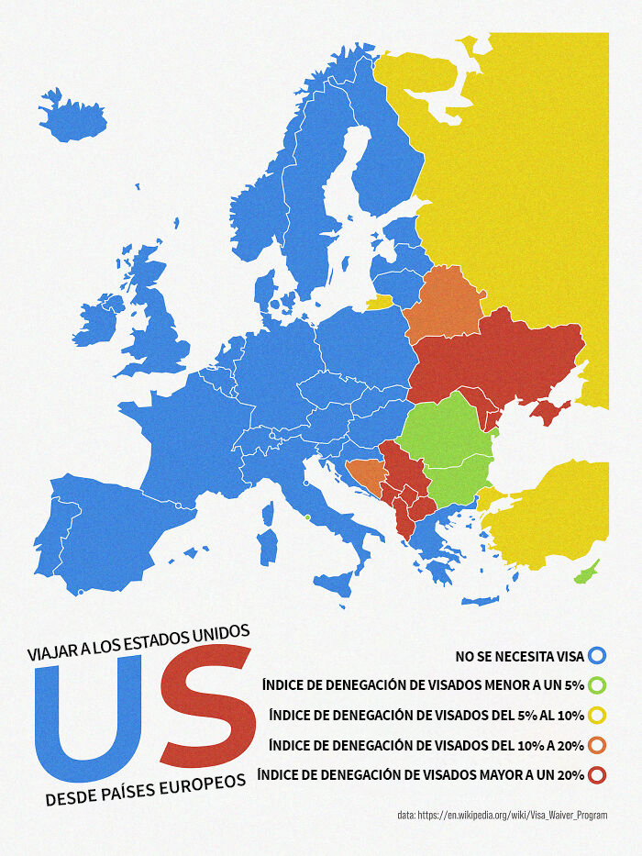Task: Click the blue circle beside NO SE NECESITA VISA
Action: coord(597,655)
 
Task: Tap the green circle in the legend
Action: coord(597,684)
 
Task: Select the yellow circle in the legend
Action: coord(597,715)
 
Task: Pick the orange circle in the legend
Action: coord(597,744)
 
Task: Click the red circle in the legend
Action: coord(597,775)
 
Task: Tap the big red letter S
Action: coord(206,706)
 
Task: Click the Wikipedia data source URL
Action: coord(502,815)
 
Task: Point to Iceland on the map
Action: coord(71,118)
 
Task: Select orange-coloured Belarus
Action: coord(444,304)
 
